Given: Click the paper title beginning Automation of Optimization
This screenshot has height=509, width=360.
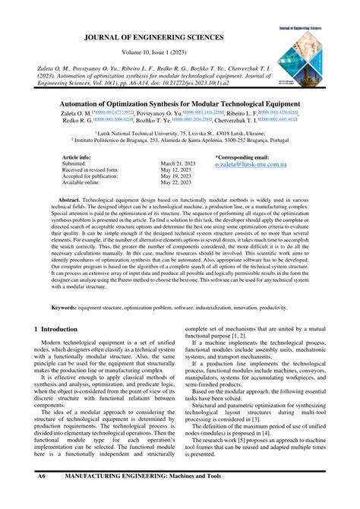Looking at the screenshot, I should tap(179, 103).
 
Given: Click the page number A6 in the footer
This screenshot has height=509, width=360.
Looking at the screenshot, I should tap(43, 497).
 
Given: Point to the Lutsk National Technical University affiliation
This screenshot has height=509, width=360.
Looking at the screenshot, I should tap(179, 133).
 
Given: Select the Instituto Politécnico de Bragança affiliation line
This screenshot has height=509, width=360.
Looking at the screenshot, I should tap(179, 141).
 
